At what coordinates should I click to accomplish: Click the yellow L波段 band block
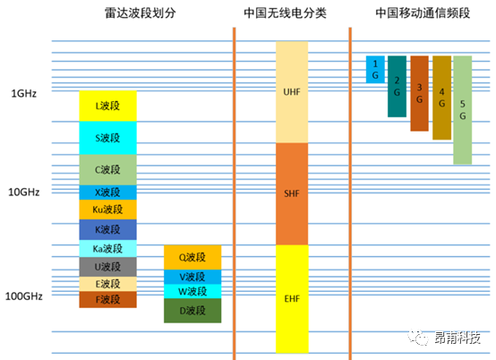(x=107, y=106)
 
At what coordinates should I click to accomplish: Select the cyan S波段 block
(x=107, y=138)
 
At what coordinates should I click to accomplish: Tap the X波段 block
(x=107, y=193)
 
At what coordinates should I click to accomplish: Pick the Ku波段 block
(x=107, y=210)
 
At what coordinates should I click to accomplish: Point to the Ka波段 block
(x=107, y=249)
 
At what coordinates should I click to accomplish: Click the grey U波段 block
(x=107, y=267)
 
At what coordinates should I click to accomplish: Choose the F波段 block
(x=107, y=299)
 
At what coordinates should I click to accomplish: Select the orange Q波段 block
(x=192, y=258)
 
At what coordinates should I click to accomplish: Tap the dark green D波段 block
(x=192, y=311)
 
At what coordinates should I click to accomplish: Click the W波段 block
(x=192, y=291)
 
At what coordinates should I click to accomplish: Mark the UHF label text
(x=292, y=92)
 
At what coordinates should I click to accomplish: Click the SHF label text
(x=292, y=193)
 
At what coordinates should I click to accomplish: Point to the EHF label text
(x=292, y=298)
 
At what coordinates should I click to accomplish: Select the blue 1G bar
(x=375, y=70)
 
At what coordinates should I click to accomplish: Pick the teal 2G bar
(x=397, y=86)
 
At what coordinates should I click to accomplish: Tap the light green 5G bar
(x=463, y=110)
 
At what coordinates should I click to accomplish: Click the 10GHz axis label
(x=23, y=192)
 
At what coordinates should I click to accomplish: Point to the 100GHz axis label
(x=23, y=296)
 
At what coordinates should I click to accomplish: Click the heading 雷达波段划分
(x=141, y=13)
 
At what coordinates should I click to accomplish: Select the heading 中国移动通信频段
(x=423, y=13)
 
